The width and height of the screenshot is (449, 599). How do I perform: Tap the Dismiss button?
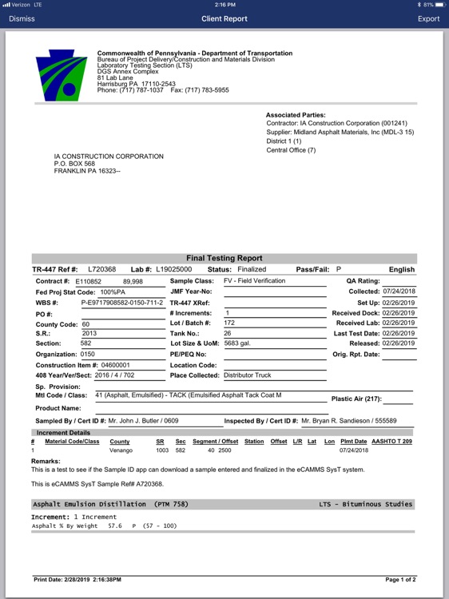22,18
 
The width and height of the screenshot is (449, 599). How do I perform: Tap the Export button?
428,18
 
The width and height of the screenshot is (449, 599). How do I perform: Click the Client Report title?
224,18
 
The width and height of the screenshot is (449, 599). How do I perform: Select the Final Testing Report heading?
224,258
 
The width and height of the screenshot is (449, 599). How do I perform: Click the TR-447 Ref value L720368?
102,270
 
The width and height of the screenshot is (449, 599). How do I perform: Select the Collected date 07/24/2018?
399,292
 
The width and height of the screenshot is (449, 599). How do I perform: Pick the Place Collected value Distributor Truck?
248,375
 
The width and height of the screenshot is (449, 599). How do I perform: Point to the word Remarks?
45,461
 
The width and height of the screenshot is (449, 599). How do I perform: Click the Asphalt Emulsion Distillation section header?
110,504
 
